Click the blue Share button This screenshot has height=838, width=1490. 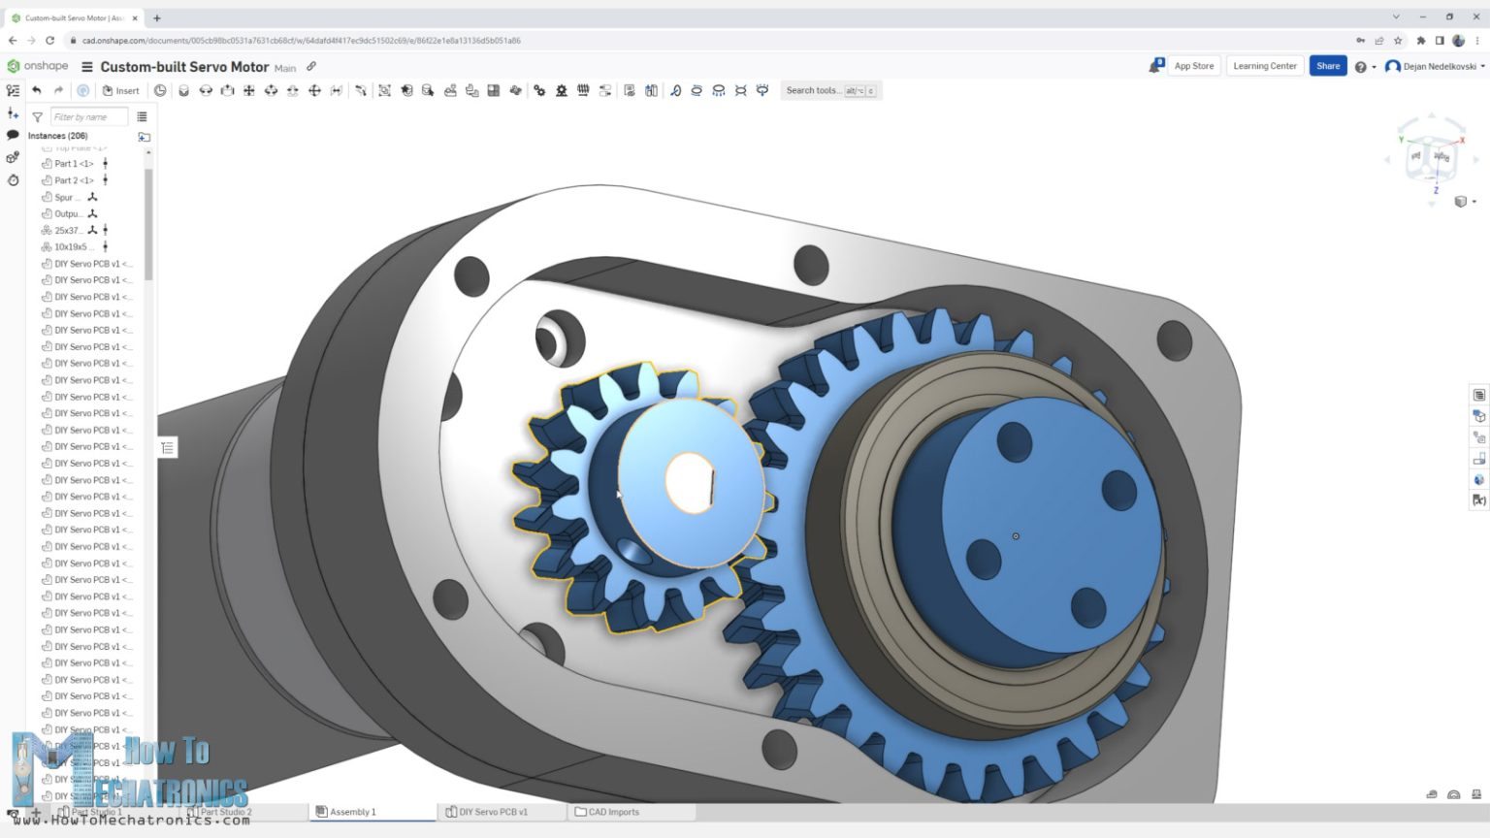coord(1327,66)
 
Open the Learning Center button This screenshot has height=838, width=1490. coord(1264,66)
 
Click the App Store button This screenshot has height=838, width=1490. coord(1193,66)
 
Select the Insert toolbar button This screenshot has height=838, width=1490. coord(121,90)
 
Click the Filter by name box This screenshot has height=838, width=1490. coord(88,117)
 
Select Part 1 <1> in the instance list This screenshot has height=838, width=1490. coord(74,164)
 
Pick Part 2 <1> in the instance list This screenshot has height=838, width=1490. coord(74,180)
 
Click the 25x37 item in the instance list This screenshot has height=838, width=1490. coord(67,231)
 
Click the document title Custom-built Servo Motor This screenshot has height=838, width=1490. coord(184,67)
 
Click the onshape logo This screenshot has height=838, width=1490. coord(39,66)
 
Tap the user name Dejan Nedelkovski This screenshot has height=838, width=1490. coord(1440,66)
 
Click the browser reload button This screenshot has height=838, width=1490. coord(49,41)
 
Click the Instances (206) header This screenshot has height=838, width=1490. coord(57,136)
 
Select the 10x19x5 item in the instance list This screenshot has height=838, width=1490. coord(70,247)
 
